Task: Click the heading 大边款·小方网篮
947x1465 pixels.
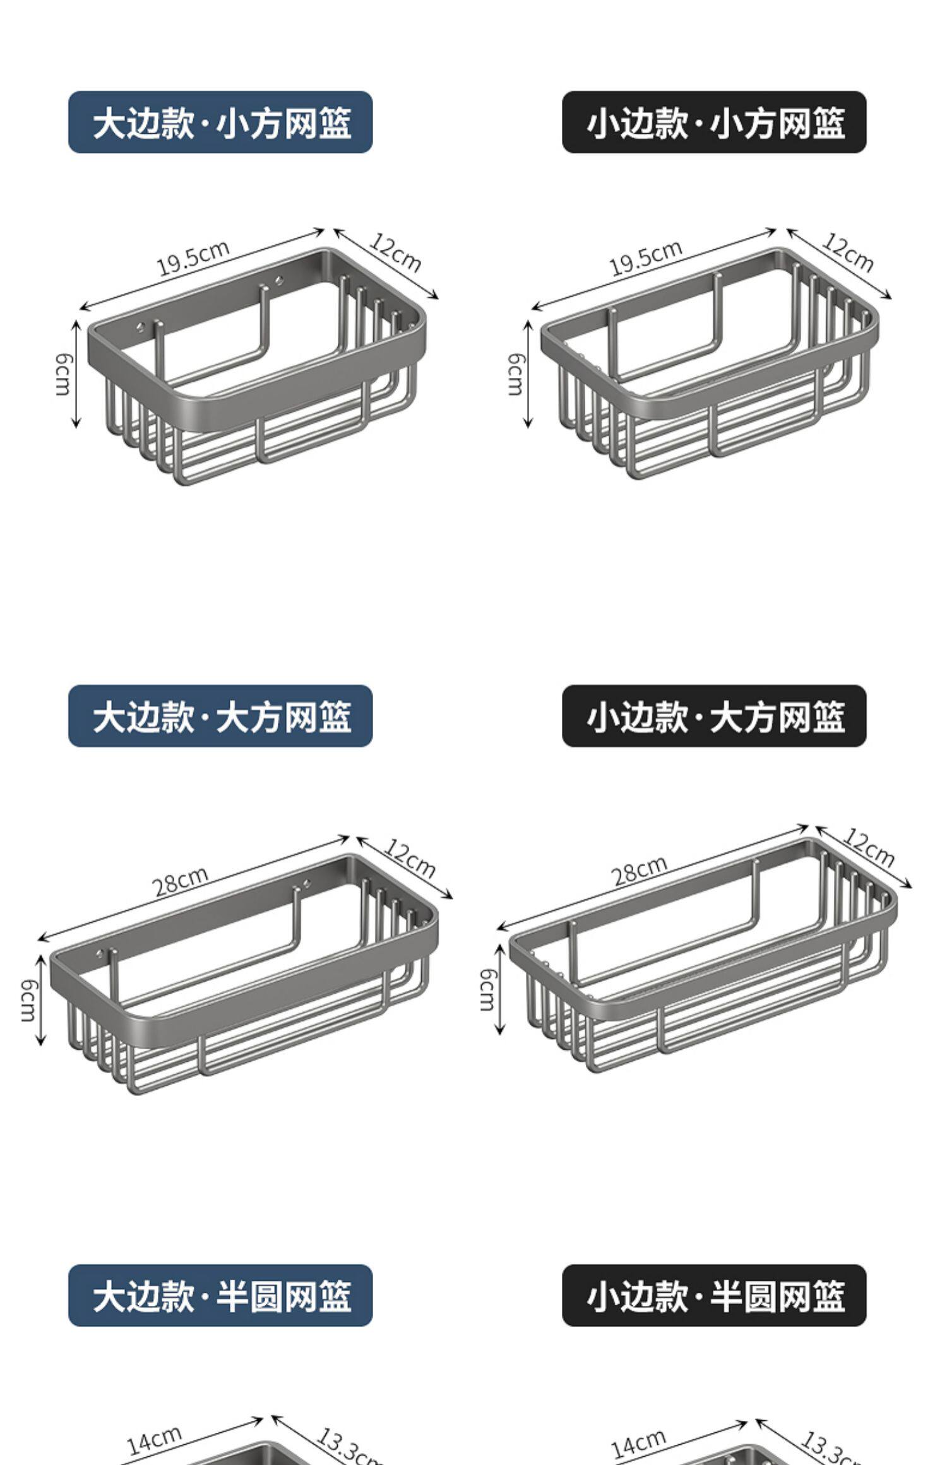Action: (220, 122)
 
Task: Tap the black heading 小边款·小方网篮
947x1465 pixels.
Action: (714, 122)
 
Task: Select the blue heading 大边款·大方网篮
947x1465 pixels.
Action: (220, 716)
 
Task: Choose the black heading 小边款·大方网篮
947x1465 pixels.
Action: (714, 716)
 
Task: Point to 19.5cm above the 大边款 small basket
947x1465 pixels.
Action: (193, 258)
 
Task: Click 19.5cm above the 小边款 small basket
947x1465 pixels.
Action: (645, 258)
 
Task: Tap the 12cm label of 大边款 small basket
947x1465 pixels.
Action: (395, 252)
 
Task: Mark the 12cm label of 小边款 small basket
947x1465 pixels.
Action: (847, 252)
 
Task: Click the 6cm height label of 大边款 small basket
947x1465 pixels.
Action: (63, 374)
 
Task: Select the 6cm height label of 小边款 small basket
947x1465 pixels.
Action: (516, 374)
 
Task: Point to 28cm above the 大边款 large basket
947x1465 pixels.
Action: (181, 881)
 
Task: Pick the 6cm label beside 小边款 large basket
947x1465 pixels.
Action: (487, 990)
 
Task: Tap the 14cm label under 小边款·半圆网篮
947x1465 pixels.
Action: (638, 1437)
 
